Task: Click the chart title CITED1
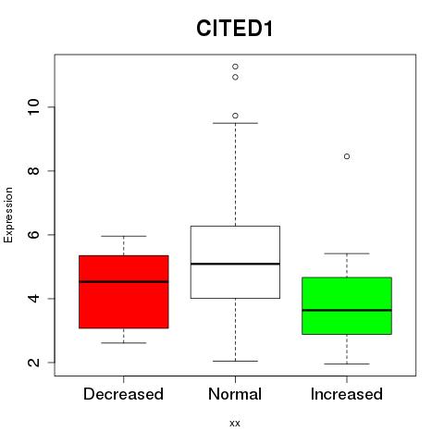(x=235, y=29)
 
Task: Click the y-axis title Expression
(x=8, y=215)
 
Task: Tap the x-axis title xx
(x=235, y=423)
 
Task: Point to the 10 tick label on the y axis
(x=33, y=107)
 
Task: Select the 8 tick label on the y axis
(x=33, y=171)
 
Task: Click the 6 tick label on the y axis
(x=33, y=235)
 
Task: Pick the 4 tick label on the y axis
(x=33, y=299)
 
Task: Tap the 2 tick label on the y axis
(x=33, y=363)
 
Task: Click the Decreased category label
(x=123, y=394)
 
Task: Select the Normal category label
(x=235, y=394)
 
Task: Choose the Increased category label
(x=347, y=394)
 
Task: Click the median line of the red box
(x=124, y=281)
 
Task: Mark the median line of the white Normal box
(x=235, y=264)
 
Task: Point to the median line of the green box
(x=347, y=310)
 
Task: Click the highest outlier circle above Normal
(x=235, y=67)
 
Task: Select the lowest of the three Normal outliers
(x=235, y=116)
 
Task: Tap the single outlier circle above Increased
(x=347, y=156)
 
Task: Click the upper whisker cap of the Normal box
(x=235, y=123)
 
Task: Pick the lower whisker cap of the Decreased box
(x=124, y=342)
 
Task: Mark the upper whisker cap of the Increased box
(x=347, y=253)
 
